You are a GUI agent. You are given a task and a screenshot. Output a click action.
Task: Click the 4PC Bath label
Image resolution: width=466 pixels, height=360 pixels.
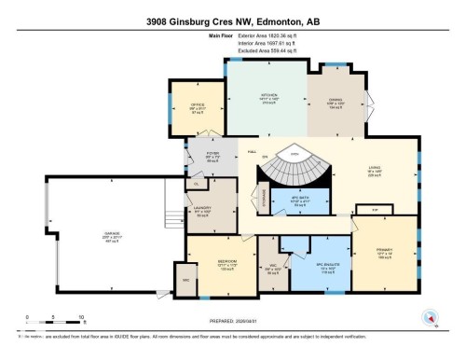[299, 201]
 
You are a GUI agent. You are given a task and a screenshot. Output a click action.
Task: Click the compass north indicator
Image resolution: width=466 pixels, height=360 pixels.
[430, 318]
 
